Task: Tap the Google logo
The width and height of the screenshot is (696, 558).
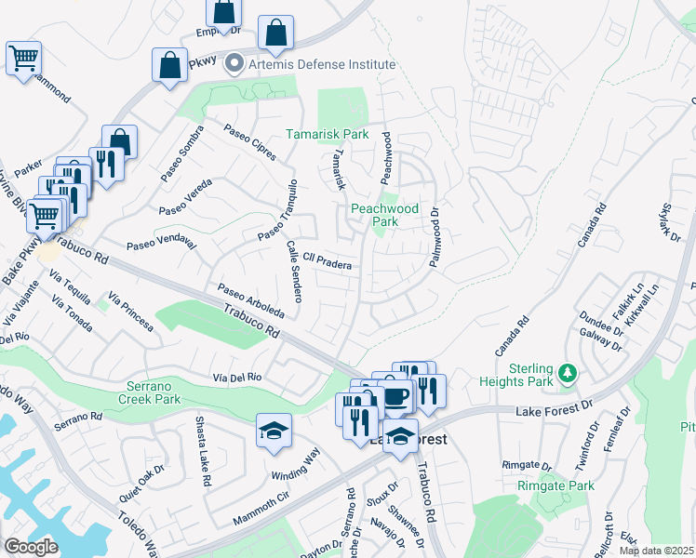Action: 30,547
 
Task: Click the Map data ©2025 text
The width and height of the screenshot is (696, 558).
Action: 657,551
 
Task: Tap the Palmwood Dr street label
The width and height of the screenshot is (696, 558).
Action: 434,238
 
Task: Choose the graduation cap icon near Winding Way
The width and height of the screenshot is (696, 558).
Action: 275,431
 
